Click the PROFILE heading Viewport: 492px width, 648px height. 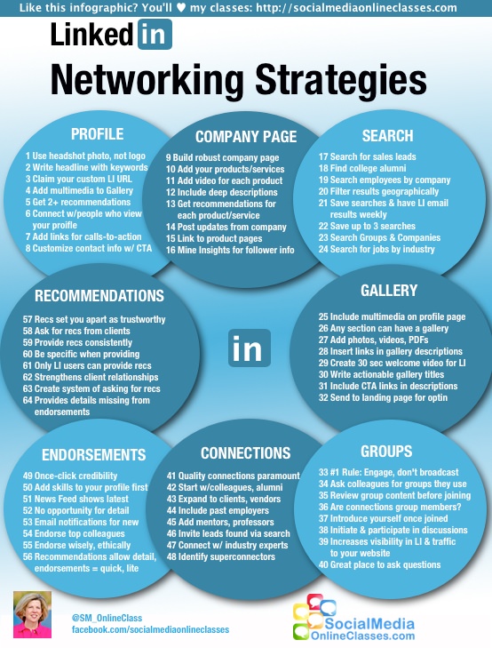click(97, 134)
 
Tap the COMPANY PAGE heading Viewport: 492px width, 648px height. click(246, 136)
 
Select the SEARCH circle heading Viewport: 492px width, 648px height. click(387, 135)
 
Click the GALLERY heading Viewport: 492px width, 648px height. click(389, 290)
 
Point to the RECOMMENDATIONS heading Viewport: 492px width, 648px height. click(99, 295)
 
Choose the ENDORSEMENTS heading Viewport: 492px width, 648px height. click(94, 454)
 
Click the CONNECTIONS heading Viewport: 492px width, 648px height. click(246, 453)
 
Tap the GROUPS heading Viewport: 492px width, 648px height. click(386, 451)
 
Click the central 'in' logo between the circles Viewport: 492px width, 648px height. click(250, 348)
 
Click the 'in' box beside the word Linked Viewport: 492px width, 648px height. click(155, 35)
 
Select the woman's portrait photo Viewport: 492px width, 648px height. click(33, 614)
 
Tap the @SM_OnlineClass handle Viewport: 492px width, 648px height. click(107, 618)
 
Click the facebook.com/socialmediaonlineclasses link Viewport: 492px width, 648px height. click(150, 629)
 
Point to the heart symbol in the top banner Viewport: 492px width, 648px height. click(181, 7)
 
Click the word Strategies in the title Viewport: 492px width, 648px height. click(341, 80)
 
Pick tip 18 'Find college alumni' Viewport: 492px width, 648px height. click(362, 168)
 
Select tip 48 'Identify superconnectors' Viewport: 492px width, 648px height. click(221, 556)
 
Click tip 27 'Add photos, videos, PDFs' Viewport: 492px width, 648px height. click(373, 340)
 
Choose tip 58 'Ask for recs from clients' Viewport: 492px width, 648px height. click(76, 331)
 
